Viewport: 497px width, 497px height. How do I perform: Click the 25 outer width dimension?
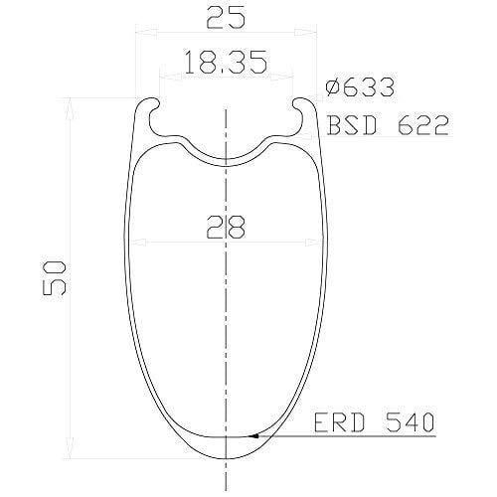pos(227,16)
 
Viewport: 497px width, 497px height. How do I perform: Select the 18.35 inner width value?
pos(227,62)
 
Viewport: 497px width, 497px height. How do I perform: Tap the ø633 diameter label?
pos(360,87)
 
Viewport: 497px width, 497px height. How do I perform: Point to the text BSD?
pos(352,125)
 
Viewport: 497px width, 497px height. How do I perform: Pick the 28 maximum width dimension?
pos(226,227)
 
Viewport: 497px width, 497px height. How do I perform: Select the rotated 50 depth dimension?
pos(55,277)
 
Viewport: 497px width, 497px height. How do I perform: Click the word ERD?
pos(339,422)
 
